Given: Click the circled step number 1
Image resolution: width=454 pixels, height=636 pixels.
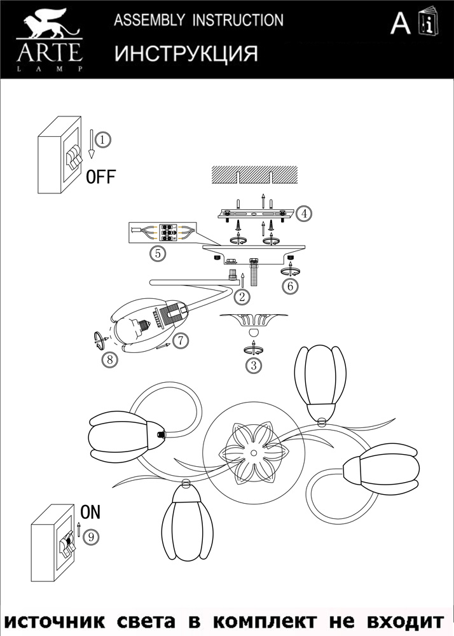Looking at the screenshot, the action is coord(104,140).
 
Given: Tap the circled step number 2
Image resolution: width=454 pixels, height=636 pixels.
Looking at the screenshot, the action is coord(242,297).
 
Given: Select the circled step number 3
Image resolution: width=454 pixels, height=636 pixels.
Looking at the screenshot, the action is coord(254,366).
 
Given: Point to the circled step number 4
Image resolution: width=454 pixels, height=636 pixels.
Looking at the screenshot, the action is coord(304,213).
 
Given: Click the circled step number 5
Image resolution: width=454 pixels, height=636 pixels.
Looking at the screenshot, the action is coord(158,254).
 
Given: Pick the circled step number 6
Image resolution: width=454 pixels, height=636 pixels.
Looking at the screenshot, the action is coord(290,286).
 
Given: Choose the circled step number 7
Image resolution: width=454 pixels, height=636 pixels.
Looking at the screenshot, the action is coord(181,340).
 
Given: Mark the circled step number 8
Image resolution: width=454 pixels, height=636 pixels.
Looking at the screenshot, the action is coord(110,359).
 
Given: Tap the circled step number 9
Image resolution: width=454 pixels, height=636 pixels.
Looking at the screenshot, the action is coord(91,537).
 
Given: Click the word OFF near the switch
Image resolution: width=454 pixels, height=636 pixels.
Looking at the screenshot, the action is coord(101,177).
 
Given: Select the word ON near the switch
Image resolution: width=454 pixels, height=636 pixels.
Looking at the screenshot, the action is coord(90,512).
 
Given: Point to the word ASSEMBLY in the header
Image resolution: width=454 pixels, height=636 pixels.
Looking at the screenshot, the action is coord(149,20).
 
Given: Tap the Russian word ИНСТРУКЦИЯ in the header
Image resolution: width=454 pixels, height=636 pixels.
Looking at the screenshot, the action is coord(186,53).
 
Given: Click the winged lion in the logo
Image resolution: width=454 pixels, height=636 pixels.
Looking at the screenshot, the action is coord(50,24).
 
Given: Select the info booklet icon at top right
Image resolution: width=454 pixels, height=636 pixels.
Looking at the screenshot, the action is coord(429,20).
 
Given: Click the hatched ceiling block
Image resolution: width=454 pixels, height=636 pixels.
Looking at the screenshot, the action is coord(254,174).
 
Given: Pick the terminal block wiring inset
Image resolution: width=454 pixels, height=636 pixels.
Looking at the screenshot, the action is coord(162,233).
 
